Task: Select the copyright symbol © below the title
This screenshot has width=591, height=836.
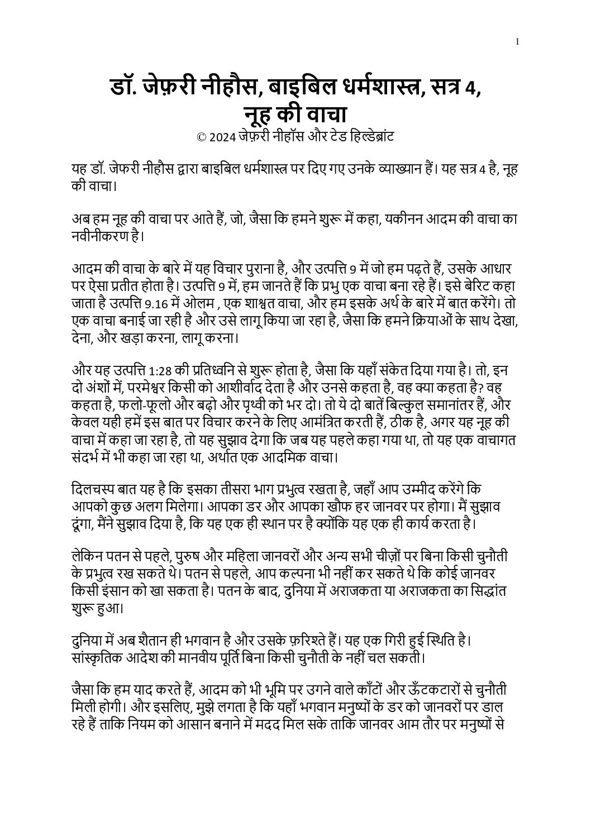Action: coord(202,137)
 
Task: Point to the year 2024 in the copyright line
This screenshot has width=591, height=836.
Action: coord(222,137)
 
